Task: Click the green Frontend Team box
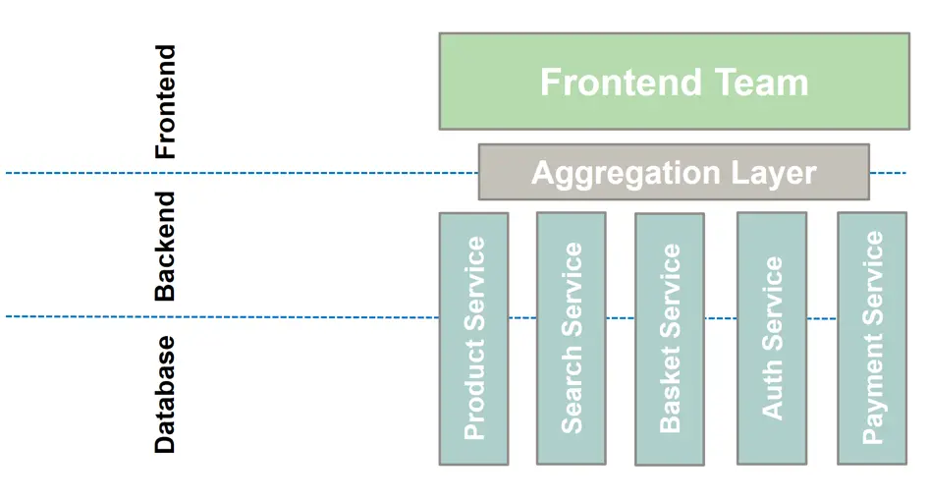coord(674,82)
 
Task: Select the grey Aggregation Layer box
coord(674,173)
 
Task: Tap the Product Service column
coord(473,338)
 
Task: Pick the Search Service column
coord(571,338)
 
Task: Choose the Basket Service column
coord(669,338)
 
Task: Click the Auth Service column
coord(772,338)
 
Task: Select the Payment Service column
coord(872,338)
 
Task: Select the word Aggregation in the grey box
coord(609,173)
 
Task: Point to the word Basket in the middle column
coord(669,397)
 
